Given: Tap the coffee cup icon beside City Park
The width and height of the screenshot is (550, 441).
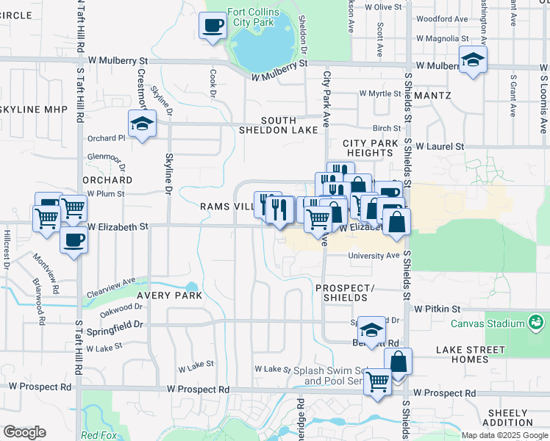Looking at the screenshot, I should coord(213,26).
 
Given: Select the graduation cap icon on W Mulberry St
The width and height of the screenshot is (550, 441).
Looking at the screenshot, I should coord(473,60).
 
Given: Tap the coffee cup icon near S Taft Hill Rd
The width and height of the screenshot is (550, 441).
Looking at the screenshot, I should coord(73,239).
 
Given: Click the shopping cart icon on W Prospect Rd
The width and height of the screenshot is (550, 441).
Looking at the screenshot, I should coord(377,381).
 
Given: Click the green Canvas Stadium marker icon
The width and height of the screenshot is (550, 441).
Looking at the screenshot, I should coord(536,323).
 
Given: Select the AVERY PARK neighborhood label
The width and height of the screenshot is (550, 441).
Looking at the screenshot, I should coord(164,295).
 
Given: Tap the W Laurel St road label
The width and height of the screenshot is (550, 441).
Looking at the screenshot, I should coord(439,146).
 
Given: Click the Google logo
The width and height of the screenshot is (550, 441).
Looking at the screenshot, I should coord(24,432).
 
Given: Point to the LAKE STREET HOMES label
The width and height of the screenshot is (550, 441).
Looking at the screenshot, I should coord(471,354).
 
